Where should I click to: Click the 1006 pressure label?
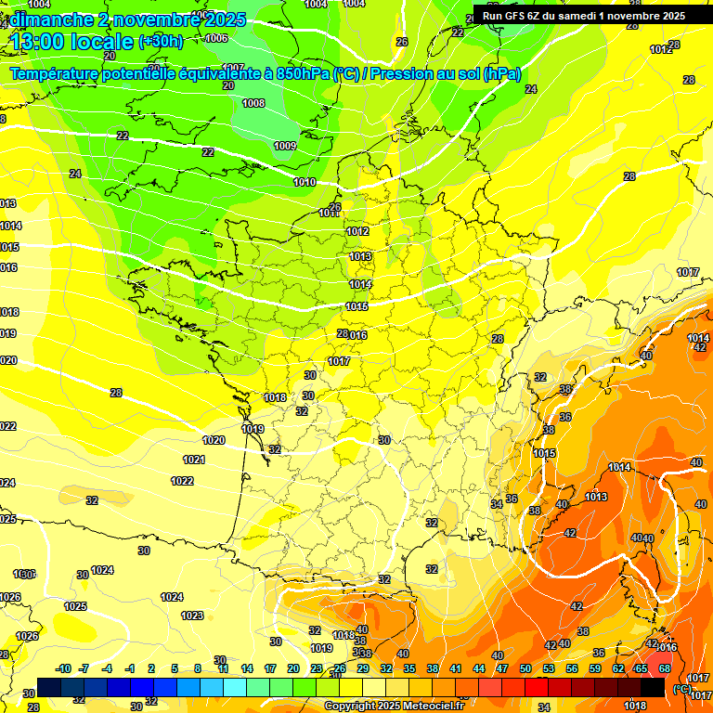216,38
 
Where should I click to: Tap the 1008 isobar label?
253,103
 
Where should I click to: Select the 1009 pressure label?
285,146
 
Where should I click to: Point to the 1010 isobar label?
305,182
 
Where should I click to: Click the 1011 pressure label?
330,213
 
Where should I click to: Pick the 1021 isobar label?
194,460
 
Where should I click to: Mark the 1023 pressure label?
192,616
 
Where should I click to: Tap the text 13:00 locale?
71,42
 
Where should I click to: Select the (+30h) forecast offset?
161,42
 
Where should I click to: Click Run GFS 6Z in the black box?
512,16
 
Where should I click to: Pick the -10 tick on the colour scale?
63,668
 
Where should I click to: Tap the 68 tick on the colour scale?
665,668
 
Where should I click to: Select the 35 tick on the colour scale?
409,668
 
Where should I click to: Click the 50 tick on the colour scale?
525,668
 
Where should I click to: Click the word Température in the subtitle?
57,74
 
